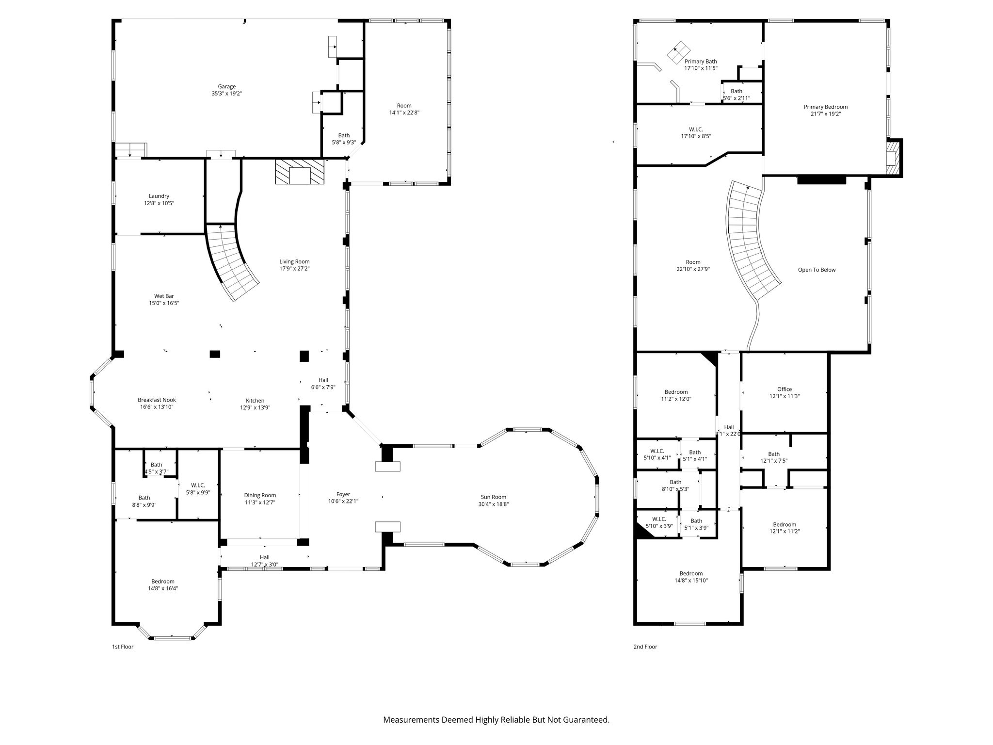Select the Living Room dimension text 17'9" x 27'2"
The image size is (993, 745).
click(x=294, y=268)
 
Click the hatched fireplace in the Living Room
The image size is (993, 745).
click(x=300, y=172)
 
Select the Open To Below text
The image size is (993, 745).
click(x=817, y=270)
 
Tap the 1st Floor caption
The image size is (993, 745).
click(x=123, y=647)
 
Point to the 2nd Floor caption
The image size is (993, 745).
click(x=645, y=647)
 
